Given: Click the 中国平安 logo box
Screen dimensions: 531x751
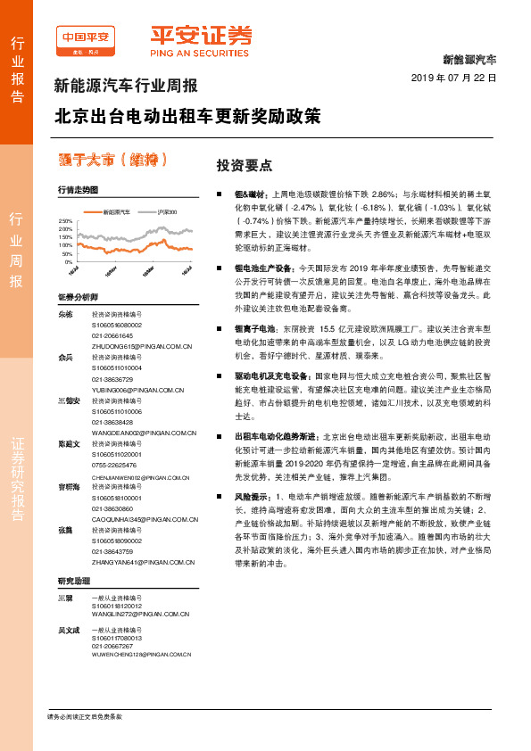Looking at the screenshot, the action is pos(86,38).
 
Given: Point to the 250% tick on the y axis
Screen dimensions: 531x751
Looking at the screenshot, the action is pos(64,220).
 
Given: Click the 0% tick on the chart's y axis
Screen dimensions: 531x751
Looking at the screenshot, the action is pos(67,262).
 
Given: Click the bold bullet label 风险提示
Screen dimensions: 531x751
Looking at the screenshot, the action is pos(251,495).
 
